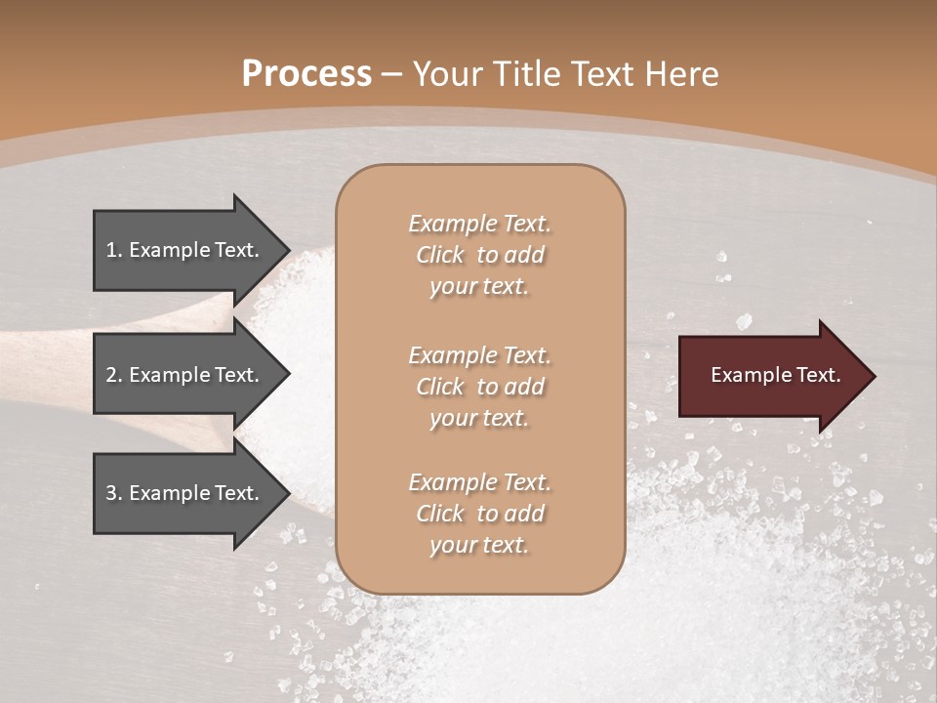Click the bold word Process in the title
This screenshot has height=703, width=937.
pos(306,74)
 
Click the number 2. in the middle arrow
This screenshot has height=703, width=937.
pos(114,375)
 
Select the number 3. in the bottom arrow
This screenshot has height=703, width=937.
pos(114,493)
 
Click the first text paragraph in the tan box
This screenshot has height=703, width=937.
pos(479,255)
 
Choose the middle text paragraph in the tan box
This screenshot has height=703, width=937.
pos(479,387)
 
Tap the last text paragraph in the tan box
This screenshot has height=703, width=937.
pos(479,514)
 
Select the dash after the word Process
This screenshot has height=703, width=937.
pos(392,74)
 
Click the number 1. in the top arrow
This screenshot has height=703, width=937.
pos(114,250)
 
